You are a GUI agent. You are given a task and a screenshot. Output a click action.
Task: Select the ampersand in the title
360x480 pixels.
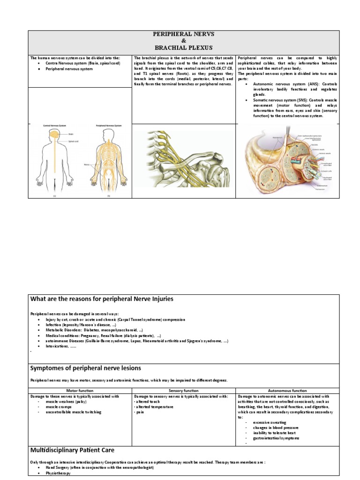pyautogui.click(x=183, y=41)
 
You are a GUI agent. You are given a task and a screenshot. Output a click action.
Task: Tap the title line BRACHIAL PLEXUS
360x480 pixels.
pyautogui.click(x=183, y=48)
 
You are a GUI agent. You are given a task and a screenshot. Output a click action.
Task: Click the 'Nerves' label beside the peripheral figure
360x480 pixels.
pyautogui.click(x=87, y=165)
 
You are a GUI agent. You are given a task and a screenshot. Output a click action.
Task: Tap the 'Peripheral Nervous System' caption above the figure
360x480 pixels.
pyautogui.click(x=108, y=126)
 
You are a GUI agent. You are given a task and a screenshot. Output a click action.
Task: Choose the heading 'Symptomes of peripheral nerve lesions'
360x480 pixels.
pyautogui.click(x=86, y=368)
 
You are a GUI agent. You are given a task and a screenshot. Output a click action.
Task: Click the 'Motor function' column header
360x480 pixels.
pyautogui.click(x=80, y=390)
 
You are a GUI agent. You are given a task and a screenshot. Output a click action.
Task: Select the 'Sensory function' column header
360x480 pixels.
pyautogui.click(x=184, y=390)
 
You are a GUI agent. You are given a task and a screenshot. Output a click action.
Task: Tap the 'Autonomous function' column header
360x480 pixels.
pyautogui.click(x=287, y=390)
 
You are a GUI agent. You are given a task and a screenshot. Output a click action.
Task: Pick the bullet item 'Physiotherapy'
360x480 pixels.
pyautogui.click(x=58, y=473)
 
